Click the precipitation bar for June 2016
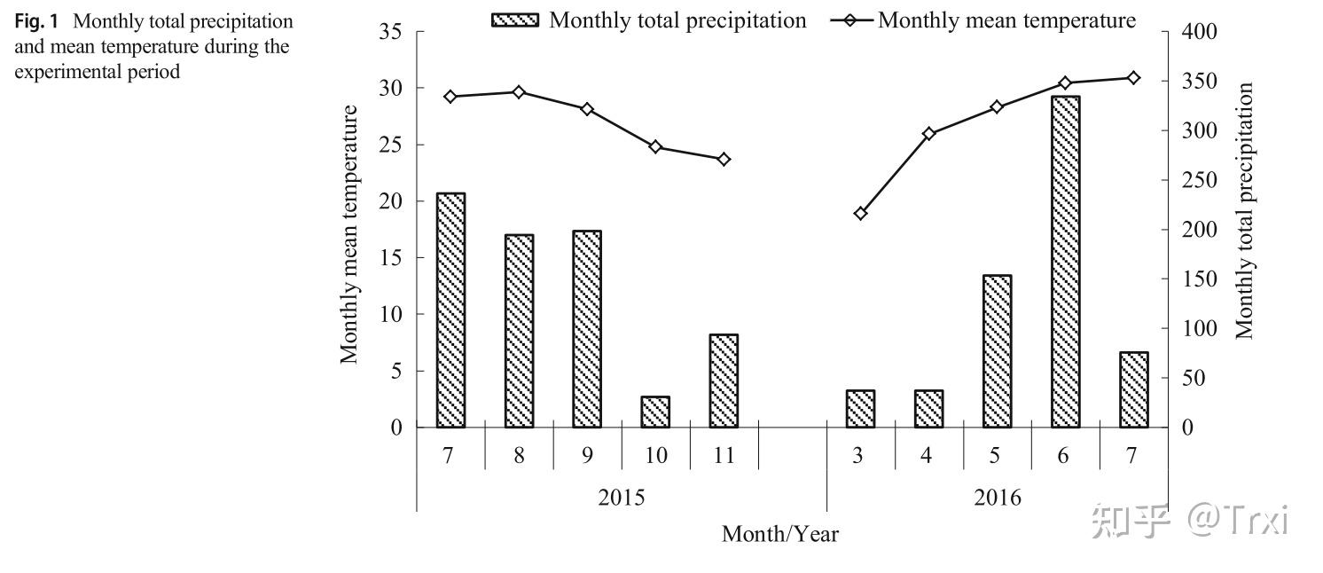[1065, 262]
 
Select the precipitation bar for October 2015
[655, 412]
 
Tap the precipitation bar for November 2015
[724, 381]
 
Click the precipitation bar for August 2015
[519, 331]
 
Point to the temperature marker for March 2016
[860, 214]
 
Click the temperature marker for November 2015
[724, 160]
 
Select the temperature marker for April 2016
[928, 134]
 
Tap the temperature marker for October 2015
[655, 147]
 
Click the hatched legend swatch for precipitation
[514, 20]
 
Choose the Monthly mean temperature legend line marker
[849, 20]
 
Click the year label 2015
[621, 497]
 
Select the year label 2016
[997, 497]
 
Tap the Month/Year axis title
[779, 534]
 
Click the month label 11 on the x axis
[724, 456]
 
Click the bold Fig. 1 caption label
[35, 20]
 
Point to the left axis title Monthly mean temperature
[350, 234]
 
